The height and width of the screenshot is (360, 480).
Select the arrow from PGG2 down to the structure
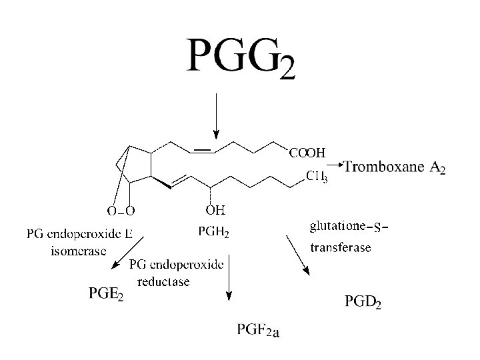coord(215,113)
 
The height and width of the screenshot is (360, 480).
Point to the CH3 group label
coord(316,177)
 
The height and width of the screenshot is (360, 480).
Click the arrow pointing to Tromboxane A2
coord(336,164)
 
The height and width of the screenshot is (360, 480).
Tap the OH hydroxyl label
coord(215,211)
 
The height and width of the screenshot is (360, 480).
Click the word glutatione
coord(337,227)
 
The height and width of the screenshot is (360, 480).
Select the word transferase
coord(341,248)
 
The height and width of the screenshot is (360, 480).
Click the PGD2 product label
coord(363,303)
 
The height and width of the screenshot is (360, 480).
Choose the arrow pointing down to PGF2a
coord(229,277)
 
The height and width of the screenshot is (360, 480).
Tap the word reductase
coord(163,281)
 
